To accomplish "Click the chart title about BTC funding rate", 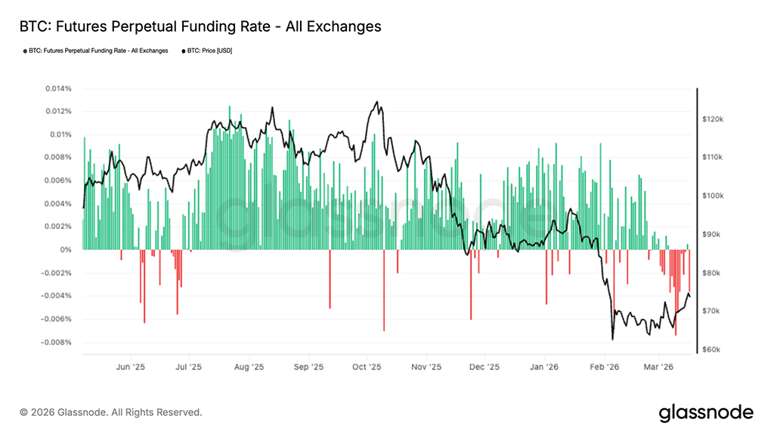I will tap(200, 26).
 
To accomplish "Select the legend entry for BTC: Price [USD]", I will tap(207, 51).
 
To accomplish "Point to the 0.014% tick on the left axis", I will tap(57, 88).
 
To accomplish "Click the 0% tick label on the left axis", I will tap(67, 250).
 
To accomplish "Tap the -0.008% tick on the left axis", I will tap(57, 343).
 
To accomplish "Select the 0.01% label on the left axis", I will tap(60, 134).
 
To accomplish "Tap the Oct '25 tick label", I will tap(367, 367).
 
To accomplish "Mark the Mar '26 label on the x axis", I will tap(658, 367).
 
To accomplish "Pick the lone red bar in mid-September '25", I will tap(330, 279).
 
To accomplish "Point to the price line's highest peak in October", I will tap(376, 102).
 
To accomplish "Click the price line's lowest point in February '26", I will tap(612, 339).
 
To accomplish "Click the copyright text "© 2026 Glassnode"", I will tap(111, 412).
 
